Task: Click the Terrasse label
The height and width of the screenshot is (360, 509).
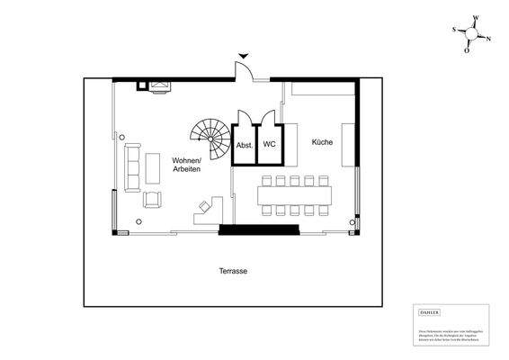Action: click(x=233, y=271)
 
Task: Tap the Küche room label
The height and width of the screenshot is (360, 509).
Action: click(x=323, y=142)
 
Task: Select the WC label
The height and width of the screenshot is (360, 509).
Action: click(x=269, y=144)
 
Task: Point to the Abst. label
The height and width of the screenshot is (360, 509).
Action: click(x=244, y=144)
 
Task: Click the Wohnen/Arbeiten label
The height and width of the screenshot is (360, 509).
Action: click(x=186, y=164)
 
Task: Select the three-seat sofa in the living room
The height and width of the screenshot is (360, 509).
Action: click(x=131, y=168)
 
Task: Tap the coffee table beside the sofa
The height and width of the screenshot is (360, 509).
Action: click(x=150, y=169)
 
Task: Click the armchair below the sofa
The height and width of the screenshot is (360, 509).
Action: click(x=151, y=199)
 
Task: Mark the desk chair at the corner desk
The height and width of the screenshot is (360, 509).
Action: click(x=204, y=206)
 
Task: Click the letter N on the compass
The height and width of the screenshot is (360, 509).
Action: click(x=489, y=39)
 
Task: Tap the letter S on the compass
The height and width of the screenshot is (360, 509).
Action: click(x=454, y=30)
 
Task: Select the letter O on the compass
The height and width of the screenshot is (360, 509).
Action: click(x=467, y=50)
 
